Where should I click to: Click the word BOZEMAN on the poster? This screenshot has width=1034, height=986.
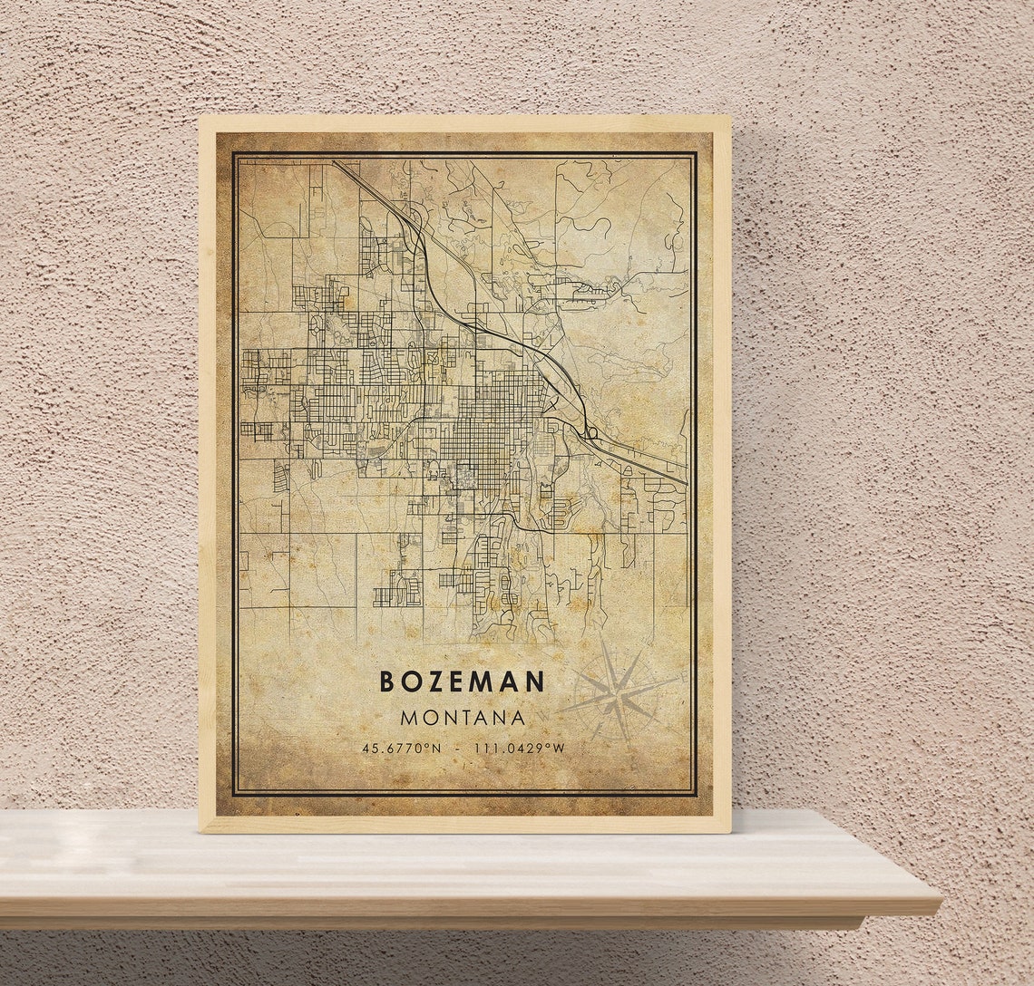[x=462, y=681]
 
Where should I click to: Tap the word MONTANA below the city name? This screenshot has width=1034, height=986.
[x=462, y=718]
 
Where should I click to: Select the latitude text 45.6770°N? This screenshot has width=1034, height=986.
[x=401, y=749]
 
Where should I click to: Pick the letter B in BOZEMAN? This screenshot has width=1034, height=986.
[x=386, y=681]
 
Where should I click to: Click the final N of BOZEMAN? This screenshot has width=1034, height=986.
[x=536, y=681]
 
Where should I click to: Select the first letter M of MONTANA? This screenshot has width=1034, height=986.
[x=409, y=718]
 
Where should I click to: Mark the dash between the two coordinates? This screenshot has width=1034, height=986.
[x=457, y=749]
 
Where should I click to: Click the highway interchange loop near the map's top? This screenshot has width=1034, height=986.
[x=415, y=218]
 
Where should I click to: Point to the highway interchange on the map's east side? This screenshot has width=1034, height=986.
[x=590, y=433]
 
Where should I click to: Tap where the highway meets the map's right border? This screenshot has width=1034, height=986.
[x=686, y=482]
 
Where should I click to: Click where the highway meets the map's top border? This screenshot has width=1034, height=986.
[x=334, y=161]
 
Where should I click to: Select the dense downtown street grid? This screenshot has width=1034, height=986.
[x=491, y=426]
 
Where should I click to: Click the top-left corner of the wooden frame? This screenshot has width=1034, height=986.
[x=200, y=117]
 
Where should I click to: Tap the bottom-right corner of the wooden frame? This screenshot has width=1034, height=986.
[x=730, y=831]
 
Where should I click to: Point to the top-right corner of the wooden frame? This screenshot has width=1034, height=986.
[x=729, y=117]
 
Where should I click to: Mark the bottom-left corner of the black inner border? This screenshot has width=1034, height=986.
[x=234, y=795]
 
